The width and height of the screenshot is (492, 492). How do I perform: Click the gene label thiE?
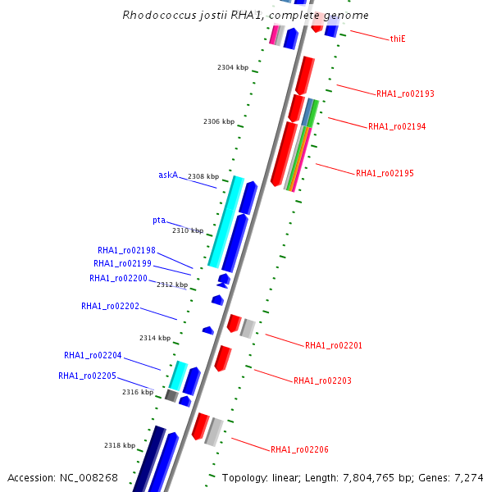(x=398, y=39)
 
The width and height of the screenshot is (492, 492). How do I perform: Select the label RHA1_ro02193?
(x=405, y=93)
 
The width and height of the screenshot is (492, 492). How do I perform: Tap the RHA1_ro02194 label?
(x=397, y=127)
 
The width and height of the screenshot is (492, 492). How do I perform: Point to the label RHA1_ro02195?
(x=385, y=174)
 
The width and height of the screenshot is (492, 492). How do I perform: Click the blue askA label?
(x=168, y=175)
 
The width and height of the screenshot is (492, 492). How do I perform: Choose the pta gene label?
(x=159, y=221)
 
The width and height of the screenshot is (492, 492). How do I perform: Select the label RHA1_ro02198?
(x=126, y=251)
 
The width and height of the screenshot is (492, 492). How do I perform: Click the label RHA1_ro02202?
(x=110, y=307)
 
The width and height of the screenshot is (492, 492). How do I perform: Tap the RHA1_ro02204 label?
(x=93, y=356)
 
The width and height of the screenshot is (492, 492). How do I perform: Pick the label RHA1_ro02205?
(x=87, y=376)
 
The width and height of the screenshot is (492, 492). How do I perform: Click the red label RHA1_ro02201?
(x=334, y=346)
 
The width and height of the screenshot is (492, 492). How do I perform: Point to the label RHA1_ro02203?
(x=322, y=381)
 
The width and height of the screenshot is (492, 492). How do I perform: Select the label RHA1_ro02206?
(x=299, y=450)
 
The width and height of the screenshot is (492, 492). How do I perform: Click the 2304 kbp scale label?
(x=233, y=68)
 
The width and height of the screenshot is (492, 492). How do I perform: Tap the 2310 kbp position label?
(x=188, y=231)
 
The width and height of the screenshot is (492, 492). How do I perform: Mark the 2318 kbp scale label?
(x=120, y=445)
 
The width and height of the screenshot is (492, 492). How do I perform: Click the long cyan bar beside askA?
(x=226, y=221)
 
